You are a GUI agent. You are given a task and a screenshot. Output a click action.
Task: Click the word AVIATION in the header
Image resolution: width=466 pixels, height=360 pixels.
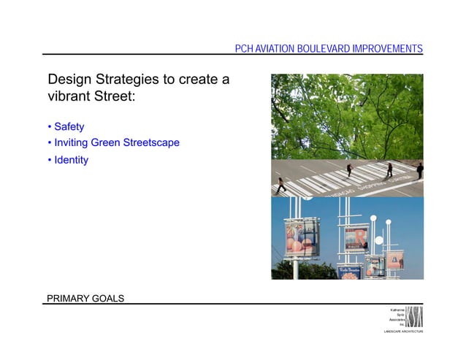272,49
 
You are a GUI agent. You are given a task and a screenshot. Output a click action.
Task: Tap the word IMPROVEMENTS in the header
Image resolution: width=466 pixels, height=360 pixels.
386,49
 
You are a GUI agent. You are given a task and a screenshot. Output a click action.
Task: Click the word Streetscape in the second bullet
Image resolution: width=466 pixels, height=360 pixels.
151,142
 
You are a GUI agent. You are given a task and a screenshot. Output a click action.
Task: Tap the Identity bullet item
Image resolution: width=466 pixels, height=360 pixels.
70,160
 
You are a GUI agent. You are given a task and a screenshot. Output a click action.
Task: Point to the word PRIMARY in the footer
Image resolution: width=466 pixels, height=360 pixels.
67,298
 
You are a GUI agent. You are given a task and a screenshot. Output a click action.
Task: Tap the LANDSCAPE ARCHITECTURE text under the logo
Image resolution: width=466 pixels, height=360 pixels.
403,332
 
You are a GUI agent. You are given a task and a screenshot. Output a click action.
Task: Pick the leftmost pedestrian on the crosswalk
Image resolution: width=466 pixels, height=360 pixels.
282,184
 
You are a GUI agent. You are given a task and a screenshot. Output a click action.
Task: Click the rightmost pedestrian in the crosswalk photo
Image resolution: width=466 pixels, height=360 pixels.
420,171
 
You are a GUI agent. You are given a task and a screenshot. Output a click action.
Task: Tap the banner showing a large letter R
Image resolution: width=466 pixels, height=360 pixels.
357,237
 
